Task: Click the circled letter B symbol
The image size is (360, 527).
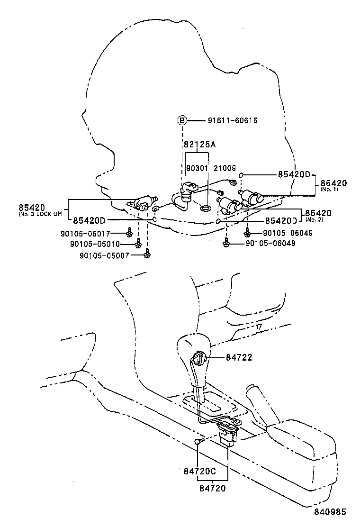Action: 182,121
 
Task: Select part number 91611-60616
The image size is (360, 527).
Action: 233,121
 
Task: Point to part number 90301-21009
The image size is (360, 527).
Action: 211,168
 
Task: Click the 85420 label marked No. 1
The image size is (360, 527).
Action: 333,183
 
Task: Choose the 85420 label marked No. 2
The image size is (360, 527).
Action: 318,213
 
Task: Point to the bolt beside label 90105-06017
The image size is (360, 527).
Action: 129,233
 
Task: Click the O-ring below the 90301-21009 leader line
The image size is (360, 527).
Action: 205,208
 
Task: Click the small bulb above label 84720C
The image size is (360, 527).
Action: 198,442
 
